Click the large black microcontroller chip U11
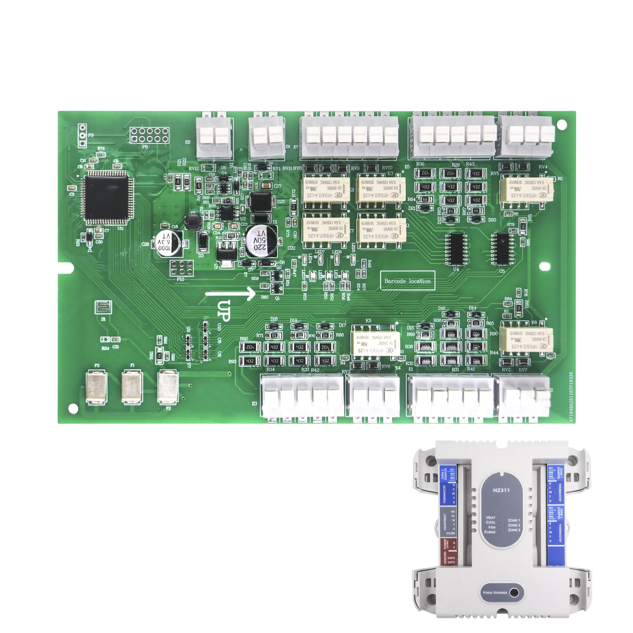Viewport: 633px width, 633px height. pyautogui.click(x=106, y=199)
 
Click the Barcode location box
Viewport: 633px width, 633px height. pyautogui.click(x=408, y=281)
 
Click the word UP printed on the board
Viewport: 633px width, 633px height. pyautogui.click(x=224, y=310)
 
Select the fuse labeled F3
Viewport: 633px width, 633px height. pyautogui.click(x=97, y=388)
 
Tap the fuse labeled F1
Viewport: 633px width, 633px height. pyautogui.click(x=132, y=387)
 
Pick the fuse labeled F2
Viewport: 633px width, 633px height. pyautogui.click(x=168, y=388)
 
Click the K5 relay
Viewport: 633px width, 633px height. pyautogui.click(x=376, y=343)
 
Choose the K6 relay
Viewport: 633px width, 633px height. pyautogui.click(x=527, y=340)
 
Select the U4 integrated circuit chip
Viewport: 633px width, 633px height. pyautogui.click(x=456, y=249)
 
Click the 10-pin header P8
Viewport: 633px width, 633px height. pyautogui.click(x=150, y=135)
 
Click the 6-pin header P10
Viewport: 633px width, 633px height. pyautogui.click(x=181, y=268)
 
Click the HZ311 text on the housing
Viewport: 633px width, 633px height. pyautogui.click(x=501, y=491)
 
